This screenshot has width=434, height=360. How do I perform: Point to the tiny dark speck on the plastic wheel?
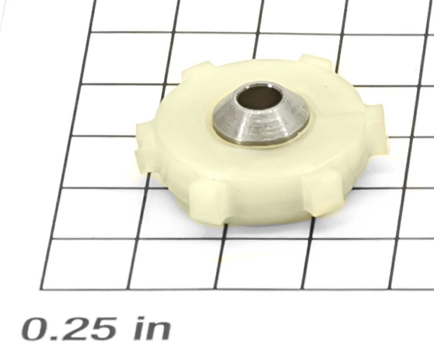pos(326,86)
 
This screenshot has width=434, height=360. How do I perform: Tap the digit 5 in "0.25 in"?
pos(101,330)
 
